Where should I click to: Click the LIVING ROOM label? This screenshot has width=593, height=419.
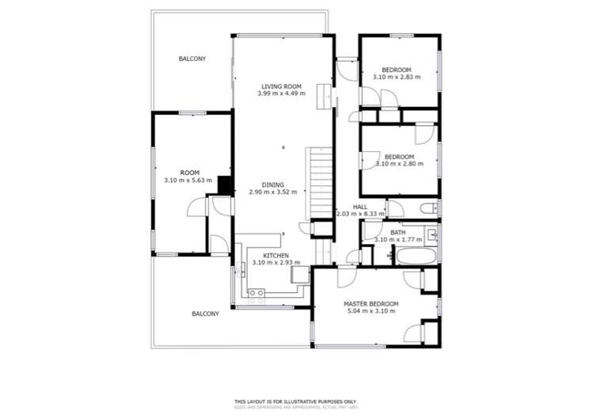pyautogui.click(x=280, y=86)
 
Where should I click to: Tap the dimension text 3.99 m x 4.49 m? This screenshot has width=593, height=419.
pyautogui.click(x=280, y=93)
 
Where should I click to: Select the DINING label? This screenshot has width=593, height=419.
pyautogui.click(x=273, y=185)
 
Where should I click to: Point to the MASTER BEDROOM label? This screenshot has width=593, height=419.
pyautogui.click(x=371, y=303)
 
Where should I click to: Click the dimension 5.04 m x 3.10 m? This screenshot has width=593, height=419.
pyautogui.click(x=371, y=311)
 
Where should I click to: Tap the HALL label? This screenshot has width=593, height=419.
pyautogui.click(x=360, y=206)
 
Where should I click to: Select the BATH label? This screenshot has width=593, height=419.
pyautogui.click(x=397, y=232)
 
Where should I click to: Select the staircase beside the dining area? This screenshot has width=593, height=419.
pyautogui.click(x=318, y=185)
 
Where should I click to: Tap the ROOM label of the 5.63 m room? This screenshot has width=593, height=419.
pyautogui.click(x=189, y=173)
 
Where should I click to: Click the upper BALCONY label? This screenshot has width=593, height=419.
pyautogui.click(x=192, y=59)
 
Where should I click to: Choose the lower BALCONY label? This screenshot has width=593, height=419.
pyautogui.click(x=205, y=314)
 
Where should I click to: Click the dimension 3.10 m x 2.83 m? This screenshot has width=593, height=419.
pyautogui.click(x=396, y=78)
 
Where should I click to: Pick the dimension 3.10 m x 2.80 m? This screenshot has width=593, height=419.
pyautogui.click(x=399, y=164)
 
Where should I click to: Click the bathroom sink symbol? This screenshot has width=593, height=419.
pyautogui.click(x=431, y=235)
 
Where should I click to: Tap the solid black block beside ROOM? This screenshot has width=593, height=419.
pyautogui.click(x=224, y=185)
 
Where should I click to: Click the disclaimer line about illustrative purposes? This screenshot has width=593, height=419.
pyautogui.click(x=296, y=402)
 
